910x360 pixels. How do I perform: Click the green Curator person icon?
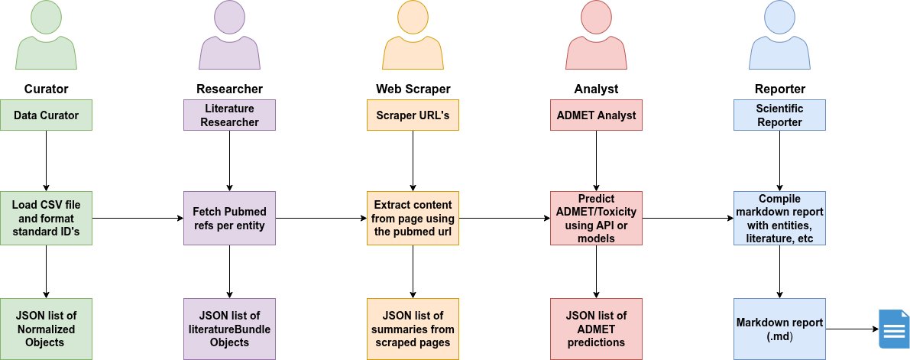(46, 38)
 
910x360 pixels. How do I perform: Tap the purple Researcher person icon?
(229, 38)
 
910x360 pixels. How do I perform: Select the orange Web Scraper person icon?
(413, 38)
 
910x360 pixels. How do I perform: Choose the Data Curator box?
(46, 115)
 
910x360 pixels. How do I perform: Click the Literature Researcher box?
(229, 115)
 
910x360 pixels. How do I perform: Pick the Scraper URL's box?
(413, 115)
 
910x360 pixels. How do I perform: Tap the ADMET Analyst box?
(596, 115)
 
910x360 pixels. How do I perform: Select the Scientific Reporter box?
(779, 115)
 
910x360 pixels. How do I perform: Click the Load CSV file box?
(46, 218)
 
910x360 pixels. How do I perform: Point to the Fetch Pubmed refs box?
(229, 218)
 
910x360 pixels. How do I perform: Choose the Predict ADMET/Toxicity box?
(596, 218)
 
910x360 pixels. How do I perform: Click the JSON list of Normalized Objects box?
(46, 329)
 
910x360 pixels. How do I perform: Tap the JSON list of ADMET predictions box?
(596, 329)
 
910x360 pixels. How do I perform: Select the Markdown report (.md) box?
(779, 329)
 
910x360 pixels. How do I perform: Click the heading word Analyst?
(596, 89)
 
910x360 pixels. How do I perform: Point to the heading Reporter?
(779, 89)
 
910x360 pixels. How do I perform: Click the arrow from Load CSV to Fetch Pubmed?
(138, 218)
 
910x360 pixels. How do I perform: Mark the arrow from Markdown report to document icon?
(850, 329)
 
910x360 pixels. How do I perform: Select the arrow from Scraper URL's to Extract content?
(413, 161)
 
